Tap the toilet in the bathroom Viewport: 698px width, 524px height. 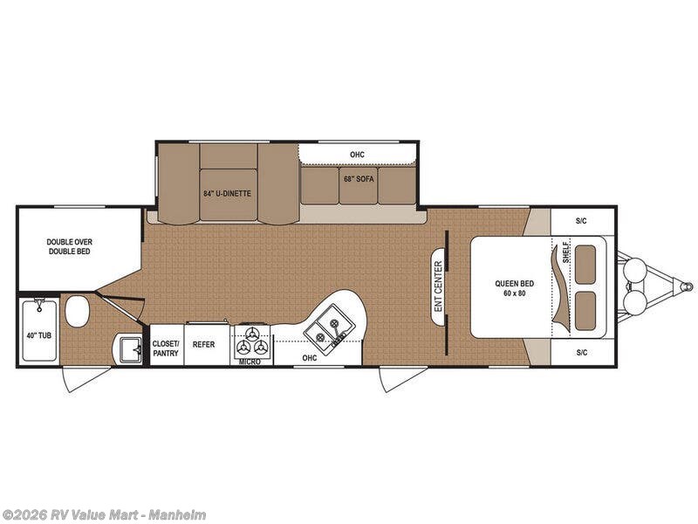click(78, 311)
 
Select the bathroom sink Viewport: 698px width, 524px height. click(130, 349)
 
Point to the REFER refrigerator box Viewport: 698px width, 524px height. click(204, 345)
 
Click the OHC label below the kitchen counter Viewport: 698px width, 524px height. click(309, 356)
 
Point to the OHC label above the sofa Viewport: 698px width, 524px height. click(357, 155)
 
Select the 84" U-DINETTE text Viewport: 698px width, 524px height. click(229, 193)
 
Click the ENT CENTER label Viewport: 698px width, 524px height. click(439, 286)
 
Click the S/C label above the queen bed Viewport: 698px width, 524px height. click(581, 220)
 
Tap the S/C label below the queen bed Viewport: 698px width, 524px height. click(581, 353)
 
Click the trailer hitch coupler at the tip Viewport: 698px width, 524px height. click(688, 286)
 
